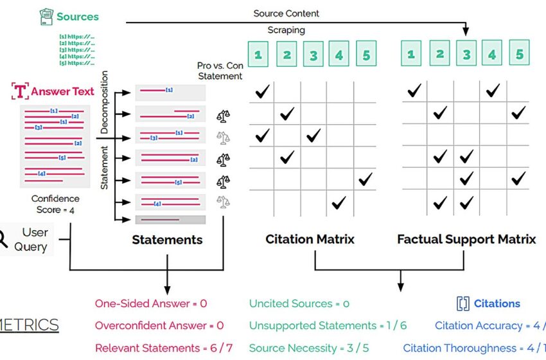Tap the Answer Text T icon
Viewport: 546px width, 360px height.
pyautogui.click(x=21, y=91)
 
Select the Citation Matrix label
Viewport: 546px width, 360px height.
pyautogui.click(x=310, y=240)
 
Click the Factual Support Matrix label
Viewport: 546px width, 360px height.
pyautogui.click(x=466, y=240)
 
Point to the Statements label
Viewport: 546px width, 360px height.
pyautogui.click(x=167, y=240)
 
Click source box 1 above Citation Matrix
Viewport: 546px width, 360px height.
pyautogui.click(x=258, y=55)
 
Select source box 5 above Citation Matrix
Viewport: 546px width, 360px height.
pyautogui.click(x=365, y=55)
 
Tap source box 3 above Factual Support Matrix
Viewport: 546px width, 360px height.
pyautogui.click(x=466, y=54)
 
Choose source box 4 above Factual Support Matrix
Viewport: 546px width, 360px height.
pyautogui.click(x=492, y=54)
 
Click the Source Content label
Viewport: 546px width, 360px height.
pyautogui.click(x=286, y=13)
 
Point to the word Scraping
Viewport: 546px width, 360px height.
pyautogui.click(x=286, y=30)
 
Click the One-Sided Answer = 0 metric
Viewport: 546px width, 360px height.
pyautogui.click(x=151, y=303)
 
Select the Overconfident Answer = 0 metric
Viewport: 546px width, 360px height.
pyautogui.click(x=159, y=325)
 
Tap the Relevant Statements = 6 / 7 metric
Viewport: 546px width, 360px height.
pyautogui.click(x=164, y=348)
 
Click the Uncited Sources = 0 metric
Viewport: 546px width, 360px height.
pyautogui.click(x=299, y=303)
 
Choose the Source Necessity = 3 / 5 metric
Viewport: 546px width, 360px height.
pyautogui.click(x=308, y=348)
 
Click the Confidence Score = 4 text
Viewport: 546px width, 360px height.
pyautogui.click(x=55, y=204)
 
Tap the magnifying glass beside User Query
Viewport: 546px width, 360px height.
pyautogui.click(x=3, y=239)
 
